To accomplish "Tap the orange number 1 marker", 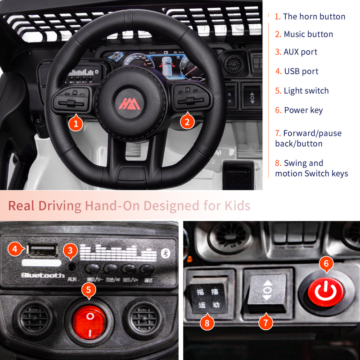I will point(76,122).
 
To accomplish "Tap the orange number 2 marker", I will point(187,121).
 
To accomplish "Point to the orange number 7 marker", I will point(265,322).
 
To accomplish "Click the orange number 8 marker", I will point(207,322).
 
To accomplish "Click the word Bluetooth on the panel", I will point(43,275).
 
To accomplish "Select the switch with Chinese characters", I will point(207,298).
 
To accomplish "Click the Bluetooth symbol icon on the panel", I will point(166,253).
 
